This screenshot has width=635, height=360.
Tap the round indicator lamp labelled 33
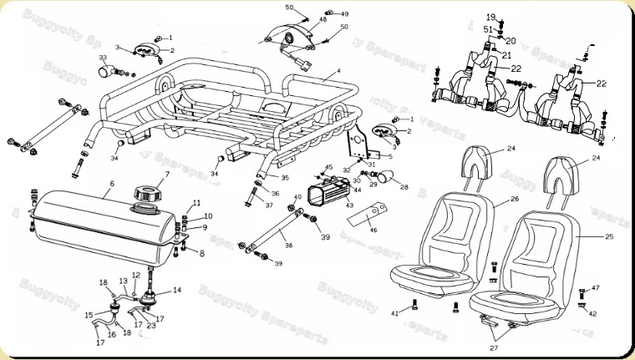tap(104, 71)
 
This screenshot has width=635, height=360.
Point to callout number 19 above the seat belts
tap(490, 17)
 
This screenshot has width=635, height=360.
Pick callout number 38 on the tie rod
tap(288, 246)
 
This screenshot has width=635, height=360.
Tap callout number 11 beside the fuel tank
tap(197, 204)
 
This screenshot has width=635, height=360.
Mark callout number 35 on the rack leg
tap(285, 178)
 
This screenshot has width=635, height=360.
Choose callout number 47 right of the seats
tap(596, 288)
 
